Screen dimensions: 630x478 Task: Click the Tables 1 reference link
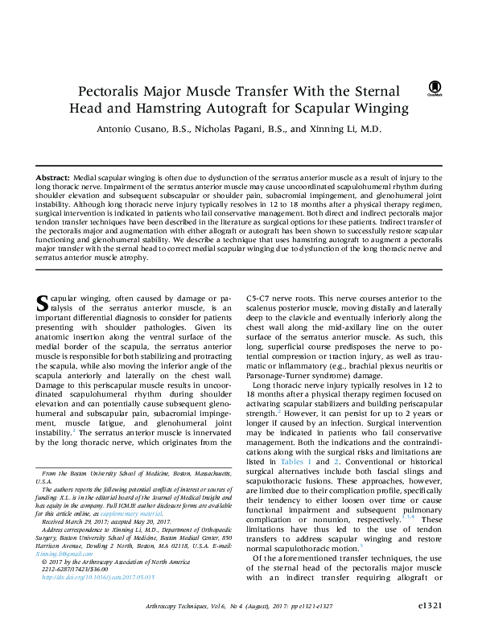(x=296, y=462)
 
